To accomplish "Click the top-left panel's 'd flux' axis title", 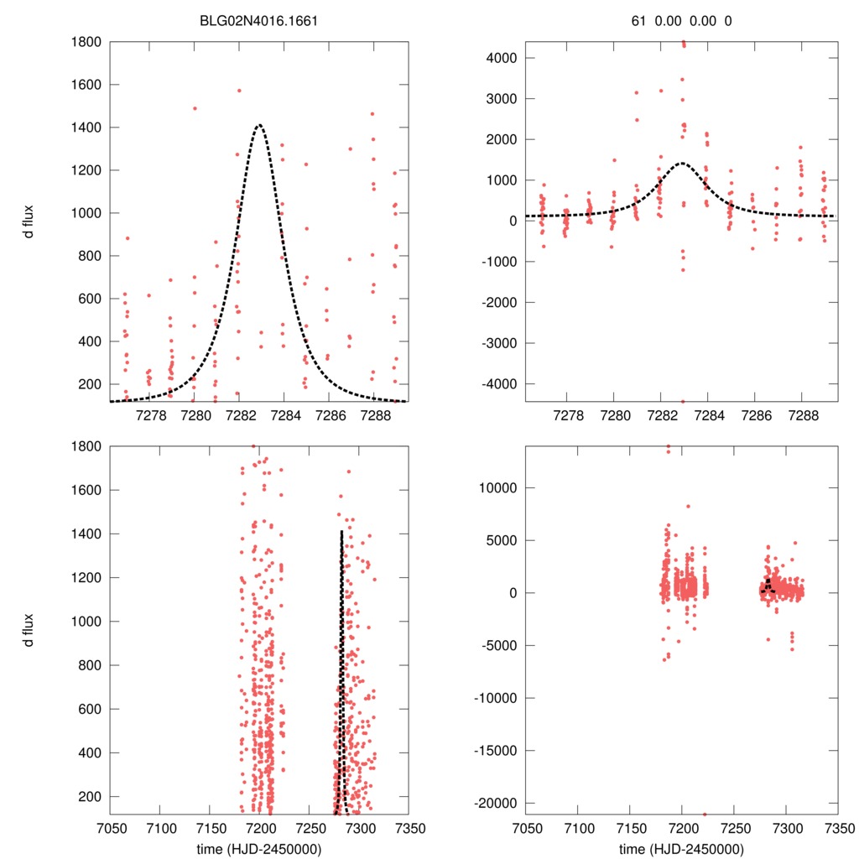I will tap(29, 221).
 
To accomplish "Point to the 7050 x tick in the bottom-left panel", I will tap(110, 827).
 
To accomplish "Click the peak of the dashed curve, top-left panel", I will tap(259, 125).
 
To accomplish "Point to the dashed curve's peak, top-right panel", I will tap(681, 163).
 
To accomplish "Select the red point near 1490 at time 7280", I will tap(195, 108).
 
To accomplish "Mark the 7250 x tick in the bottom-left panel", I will tap(309, 827).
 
